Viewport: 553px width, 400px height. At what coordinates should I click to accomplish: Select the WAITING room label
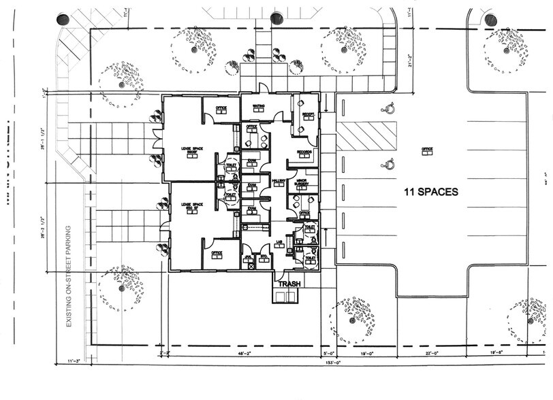pyautogui.click(x=259, y=107)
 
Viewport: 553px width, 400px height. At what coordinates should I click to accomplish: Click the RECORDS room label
pyautogui.click(x=304, y=152)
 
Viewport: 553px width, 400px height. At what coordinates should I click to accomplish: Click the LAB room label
pyautogui.click(x=279, y=242)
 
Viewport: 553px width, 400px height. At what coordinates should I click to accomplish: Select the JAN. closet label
pyautogui.click(x=249, y=256)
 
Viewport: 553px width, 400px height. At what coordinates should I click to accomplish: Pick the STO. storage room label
pyautogui.click(x=264, y=256)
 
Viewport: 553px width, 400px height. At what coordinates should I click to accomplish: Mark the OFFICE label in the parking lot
pyautogui.click(x=427, y=150)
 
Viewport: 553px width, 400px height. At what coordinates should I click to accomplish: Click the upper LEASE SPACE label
pyautogui.click(x=192, y=150)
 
